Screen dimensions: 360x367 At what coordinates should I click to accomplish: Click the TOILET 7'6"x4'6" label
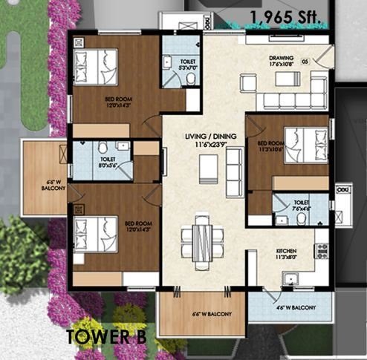301,204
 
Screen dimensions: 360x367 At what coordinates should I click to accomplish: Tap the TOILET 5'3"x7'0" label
181,65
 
